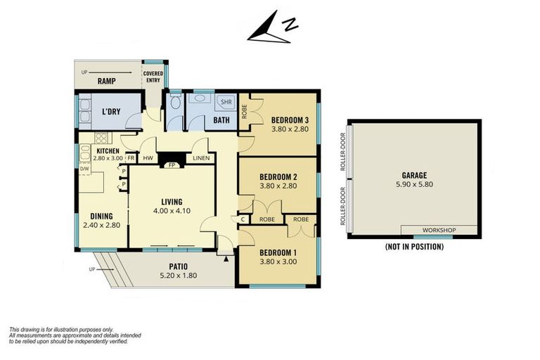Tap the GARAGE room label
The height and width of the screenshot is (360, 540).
tap(414, 175)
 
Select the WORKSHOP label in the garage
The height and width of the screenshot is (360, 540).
tap(439, 230)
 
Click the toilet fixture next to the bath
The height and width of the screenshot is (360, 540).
tap(176, 102)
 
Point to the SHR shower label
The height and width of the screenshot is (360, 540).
tap(226, 102)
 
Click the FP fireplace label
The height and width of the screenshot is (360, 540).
tap(172, 165)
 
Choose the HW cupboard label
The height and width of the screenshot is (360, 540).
tap(148, 158)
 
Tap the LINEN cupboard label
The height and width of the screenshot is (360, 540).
tap(201, 158)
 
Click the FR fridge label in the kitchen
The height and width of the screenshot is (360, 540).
tap(131, 158)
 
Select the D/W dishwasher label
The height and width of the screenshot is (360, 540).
tap(84, 169)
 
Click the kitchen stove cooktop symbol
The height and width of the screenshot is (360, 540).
tap(101, 138)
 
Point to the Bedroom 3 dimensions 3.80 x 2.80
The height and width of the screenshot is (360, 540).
tap(290, 129)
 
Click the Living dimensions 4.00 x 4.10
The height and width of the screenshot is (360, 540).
tap(172, 211)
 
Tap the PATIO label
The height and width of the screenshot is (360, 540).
tap(179, 266)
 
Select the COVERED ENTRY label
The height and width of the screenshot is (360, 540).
tap(153, 77)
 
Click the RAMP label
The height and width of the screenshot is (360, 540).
tap(106, 82)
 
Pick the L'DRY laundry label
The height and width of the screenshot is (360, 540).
tap(111, 112)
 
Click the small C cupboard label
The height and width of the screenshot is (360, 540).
tap(243, 219)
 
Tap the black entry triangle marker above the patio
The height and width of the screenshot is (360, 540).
tap(226, 259)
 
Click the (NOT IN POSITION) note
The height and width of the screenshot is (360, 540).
tap(414, 247)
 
